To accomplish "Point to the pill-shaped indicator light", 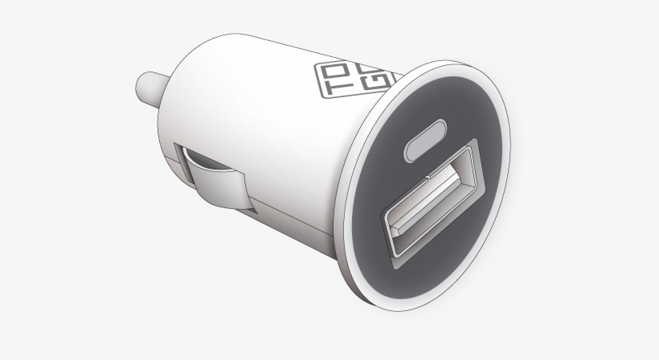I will (426, 140).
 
